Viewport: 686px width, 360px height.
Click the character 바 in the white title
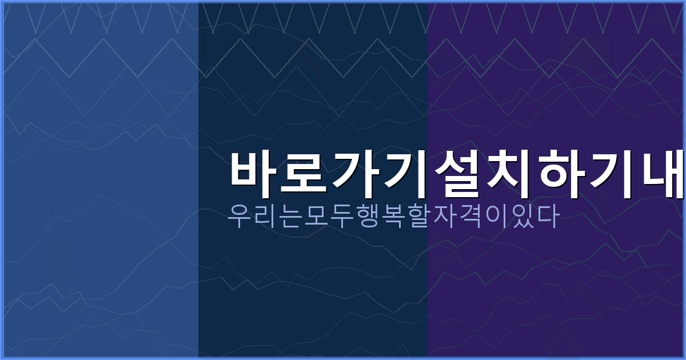[x=254, y=174]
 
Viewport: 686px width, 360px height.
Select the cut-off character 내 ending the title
[x=663, y=174]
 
